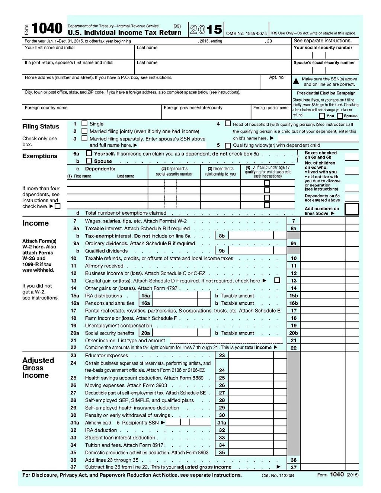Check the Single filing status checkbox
[x=84, y=124]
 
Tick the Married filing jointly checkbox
[x=84, y=131]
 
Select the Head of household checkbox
[x=228, y=124]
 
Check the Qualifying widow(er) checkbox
[x=228, y=145]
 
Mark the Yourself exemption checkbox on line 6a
[x=89, y=153]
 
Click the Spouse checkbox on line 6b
[x=89, y=161]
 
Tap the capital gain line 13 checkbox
[x=277, y=280]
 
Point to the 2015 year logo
[x=206, y=29]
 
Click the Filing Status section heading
[x=41, y=127]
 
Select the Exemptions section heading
[x=40, y=156]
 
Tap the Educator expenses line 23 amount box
[x=251, y=355]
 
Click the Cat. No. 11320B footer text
[x=278, y=476]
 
